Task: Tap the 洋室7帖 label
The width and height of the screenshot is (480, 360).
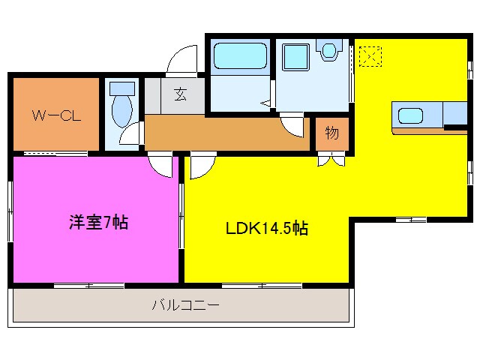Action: pyautogui.click(x=98, y=223)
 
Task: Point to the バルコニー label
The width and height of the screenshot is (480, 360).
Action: pyautogui.click(x=184, y=305)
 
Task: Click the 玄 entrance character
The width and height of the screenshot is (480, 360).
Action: pyautogui.click(x=181, y=94)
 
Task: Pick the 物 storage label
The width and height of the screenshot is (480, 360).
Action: pyautogui.click(x=331, y=134)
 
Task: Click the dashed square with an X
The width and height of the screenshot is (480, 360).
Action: pyautogui.click(x=370, y=56)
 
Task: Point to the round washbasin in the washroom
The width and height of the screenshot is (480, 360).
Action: pyautogui.click(x=328, y=52)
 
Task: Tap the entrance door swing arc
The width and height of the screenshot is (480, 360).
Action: pyautogui.click(x=179, y=61)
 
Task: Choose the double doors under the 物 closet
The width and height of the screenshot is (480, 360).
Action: pyautogui.click(x=331, y=159)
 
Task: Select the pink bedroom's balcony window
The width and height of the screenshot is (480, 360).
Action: pyautogui.click(x=89, y=285)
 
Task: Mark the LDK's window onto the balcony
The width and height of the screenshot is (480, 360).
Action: pyautogui.click(x=262, y=285)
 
